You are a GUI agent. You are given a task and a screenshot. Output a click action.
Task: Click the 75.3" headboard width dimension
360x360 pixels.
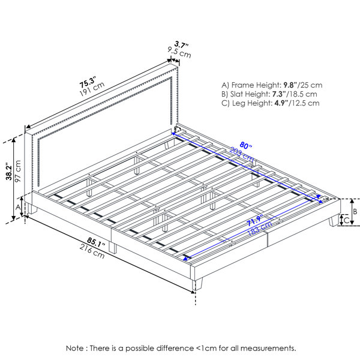[x=87, y=82]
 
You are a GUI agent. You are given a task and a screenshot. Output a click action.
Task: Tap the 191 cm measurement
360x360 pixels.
[x=92, y=89]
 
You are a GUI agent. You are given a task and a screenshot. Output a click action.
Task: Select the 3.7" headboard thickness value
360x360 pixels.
[x=181, y=44]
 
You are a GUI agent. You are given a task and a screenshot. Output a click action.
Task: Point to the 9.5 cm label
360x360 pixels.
[x=179, y=52]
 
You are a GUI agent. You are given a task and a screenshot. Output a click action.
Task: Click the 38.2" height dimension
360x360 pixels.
[x=9, y=172]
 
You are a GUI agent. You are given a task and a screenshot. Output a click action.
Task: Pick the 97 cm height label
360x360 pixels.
[x=18, y=171]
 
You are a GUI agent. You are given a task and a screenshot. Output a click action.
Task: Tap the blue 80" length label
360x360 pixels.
[x=245, y=145]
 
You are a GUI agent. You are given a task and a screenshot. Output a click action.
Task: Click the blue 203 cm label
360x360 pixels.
[x=242, y=155]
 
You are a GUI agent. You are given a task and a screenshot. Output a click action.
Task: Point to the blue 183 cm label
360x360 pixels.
[x=259, y=229]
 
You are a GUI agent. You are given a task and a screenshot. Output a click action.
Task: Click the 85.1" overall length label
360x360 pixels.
[x=96, y=242]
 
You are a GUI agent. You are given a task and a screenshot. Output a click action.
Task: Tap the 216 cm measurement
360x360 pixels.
[x=92, y=251]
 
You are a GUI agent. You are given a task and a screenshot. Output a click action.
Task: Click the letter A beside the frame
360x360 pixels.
[x=18, y=208]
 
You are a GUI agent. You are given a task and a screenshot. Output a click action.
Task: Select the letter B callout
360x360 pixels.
[x=355, y=211]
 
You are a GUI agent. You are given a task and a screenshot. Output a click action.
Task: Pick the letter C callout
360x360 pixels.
[x=346, y=220]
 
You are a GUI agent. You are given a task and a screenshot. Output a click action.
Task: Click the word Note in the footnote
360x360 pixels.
[x=74, y=348]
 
